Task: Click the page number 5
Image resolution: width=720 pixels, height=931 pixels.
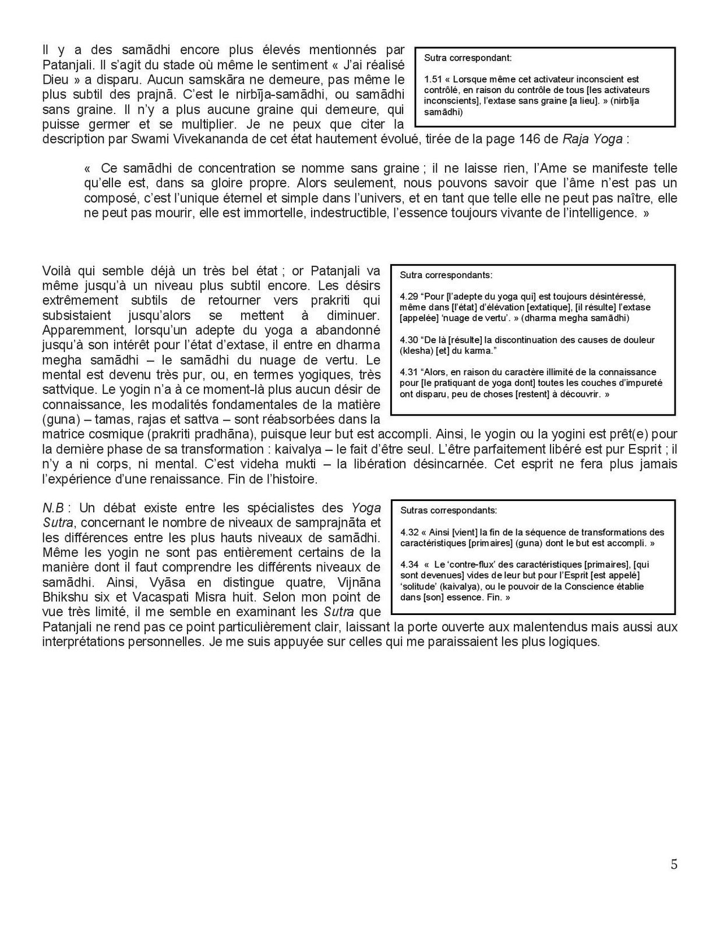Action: tap(674, 865)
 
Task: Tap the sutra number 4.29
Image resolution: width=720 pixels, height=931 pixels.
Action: tap(408, 296)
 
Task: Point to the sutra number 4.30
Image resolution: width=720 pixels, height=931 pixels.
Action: tap(408, 340)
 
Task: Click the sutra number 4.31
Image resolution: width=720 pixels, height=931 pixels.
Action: tap(408, 372)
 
